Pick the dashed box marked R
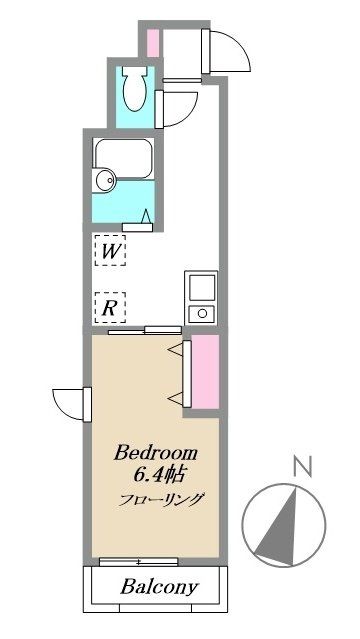point(110,307)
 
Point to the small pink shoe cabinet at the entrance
point(152,43)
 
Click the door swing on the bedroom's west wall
point(70,403)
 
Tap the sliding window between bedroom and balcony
point(140,561)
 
